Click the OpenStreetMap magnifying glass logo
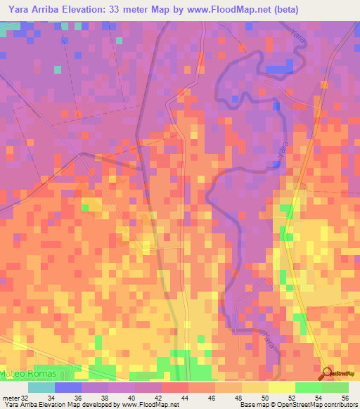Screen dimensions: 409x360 point(328,372)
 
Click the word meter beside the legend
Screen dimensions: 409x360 point(10,398)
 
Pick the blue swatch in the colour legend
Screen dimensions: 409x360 point(67,387)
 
